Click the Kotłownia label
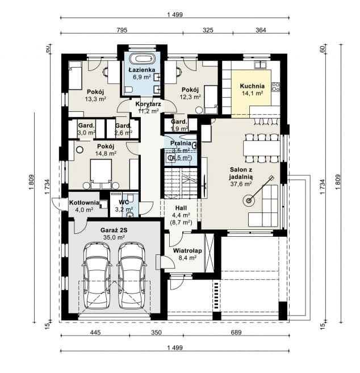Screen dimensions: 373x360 click(x=85, y=203)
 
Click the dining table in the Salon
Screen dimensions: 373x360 click(x=262, y=146)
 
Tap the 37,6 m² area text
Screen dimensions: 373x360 click(x=241, y=183)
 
